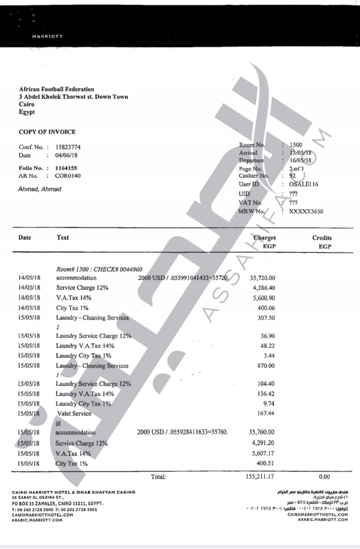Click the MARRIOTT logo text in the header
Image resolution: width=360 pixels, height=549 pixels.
(x=48, y=36)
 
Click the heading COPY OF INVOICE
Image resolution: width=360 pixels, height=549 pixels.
(x=47, y=132)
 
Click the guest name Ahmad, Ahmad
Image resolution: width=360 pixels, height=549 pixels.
(x=40, y=189)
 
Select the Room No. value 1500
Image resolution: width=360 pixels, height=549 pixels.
(x=296, y=145)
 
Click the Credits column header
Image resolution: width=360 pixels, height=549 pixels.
(x=322, y=238)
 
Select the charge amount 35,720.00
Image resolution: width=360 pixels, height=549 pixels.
(x=263, y=278)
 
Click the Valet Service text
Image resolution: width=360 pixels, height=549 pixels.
(x=73, y=413)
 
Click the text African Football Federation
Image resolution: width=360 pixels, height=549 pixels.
(x=56, y=89)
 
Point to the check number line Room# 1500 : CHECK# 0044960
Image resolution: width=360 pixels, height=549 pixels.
(x=99, y=269)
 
